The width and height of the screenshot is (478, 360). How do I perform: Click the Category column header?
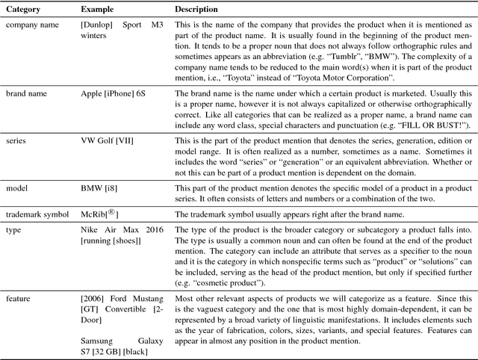point(25,10)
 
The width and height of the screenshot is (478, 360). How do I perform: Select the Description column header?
point(196,10)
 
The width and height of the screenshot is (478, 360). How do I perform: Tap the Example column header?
point(98,10)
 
